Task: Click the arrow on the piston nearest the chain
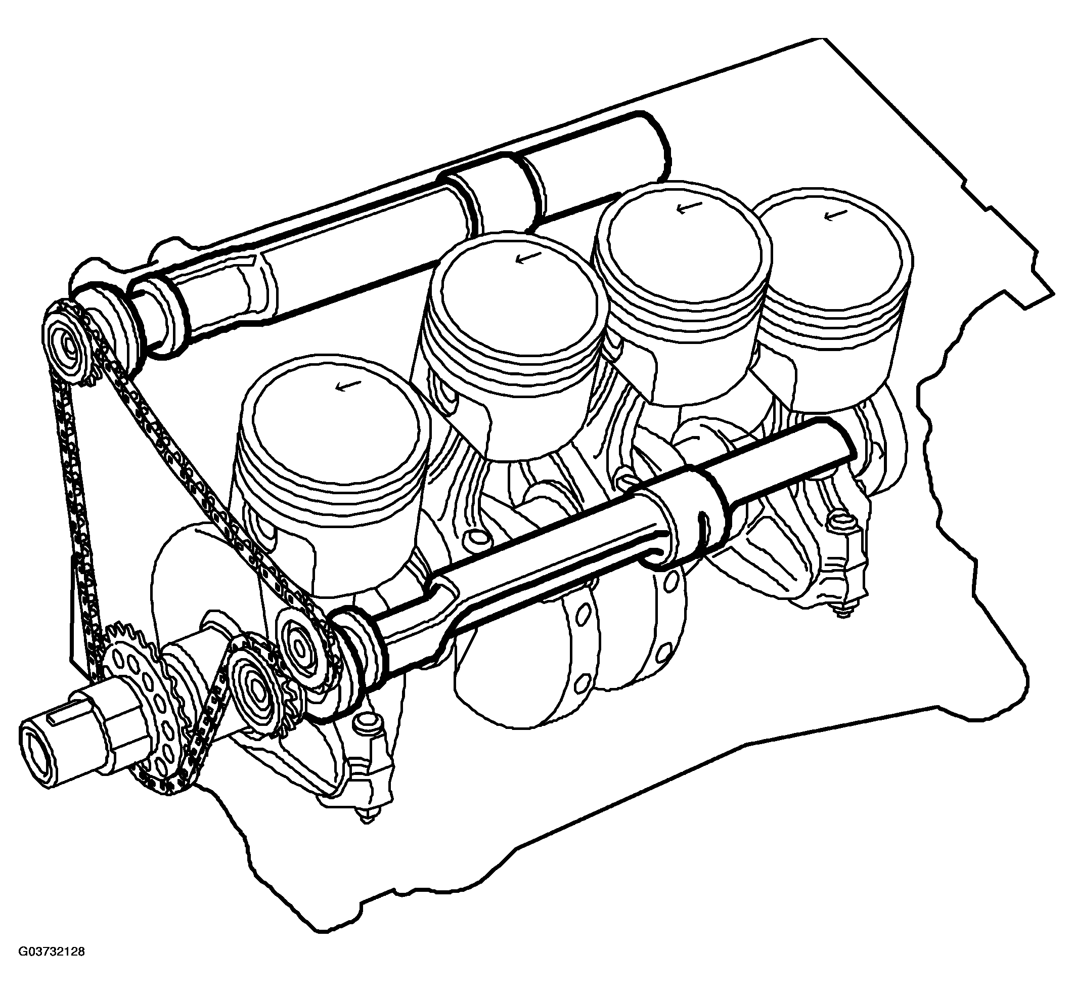coord(342,385)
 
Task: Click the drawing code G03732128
coord(52,967)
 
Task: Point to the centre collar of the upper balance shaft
coord(492,193)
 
